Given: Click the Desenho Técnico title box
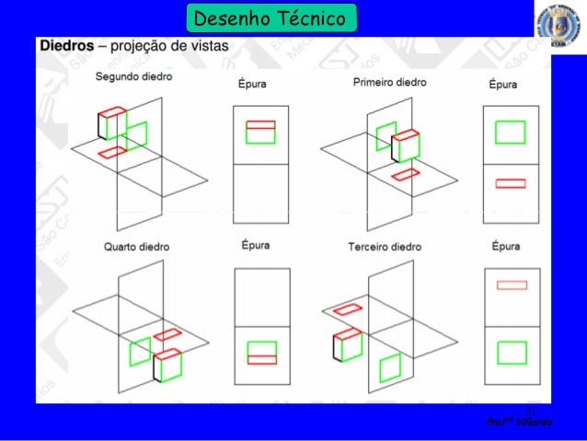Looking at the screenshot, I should [269, 17].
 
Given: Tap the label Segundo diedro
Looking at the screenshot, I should [132, 76].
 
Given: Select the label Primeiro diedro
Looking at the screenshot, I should [389, 83].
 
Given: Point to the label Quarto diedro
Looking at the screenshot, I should [136, 248].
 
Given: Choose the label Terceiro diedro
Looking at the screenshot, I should [385, 248].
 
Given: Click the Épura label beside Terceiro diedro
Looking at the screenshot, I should [505, 247].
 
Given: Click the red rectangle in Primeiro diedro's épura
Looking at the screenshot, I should [510, 183].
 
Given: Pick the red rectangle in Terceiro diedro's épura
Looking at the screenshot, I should [511, 285].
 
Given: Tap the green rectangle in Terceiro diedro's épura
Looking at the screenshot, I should [511, 354].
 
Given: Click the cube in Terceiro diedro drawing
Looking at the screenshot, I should [348, 346].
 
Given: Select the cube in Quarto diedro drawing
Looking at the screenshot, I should [167, 365].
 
